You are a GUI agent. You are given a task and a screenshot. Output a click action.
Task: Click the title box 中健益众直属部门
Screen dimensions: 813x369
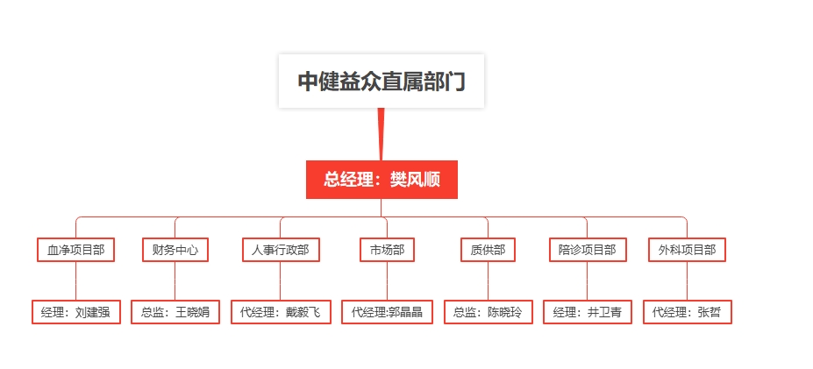tap(382, 81)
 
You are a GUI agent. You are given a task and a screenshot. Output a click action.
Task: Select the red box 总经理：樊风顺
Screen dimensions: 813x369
tap(382, 180)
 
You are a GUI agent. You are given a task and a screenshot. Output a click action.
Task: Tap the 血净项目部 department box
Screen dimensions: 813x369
tap(75, 250)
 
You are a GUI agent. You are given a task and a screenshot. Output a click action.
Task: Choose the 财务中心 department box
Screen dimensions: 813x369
tap(175, 250)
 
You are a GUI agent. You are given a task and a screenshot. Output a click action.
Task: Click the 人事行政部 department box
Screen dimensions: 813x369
tap(281, 250)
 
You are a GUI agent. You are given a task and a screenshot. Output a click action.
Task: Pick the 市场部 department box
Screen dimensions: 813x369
tap(387, 250)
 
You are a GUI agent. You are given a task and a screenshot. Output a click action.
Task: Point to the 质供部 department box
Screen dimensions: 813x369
tap(488, 250)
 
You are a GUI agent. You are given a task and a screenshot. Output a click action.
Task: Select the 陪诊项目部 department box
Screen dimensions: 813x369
tap(588, 250)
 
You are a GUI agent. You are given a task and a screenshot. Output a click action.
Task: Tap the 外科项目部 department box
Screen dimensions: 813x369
tap(687, 250)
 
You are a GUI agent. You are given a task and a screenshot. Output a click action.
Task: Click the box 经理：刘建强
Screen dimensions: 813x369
tap(75, 312)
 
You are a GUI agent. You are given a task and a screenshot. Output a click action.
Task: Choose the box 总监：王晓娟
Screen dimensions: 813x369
tap(175, 312)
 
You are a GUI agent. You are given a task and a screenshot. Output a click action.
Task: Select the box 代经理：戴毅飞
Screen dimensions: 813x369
tap(281, 312)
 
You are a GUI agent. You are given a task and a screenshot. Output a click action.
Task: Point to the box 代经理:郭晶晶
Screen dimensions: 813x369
tap(387, 312)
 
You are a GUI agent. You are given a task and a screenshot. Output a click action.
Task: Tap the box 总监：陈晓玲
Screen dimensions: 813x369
tap(488, 312)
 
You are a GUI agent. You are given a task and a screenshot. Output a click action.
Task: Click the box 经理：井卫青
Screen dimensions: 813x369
tap(588, 312)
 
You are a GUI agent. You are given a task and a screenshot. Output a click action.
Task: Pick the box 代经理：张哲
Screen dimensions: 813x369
tap(687, 312)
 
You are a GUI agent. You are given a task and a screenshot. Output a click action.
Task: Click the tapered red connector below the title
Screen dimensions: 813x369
tap(382, 134)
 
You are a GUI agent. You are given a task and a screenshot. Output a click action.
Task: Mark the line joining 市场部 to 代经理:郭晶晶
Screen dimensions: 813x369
tap(387, 280)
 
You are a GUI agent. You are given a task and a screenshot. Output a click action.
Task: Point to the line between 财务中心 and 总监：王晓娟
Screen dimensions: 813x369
tap(175, 280)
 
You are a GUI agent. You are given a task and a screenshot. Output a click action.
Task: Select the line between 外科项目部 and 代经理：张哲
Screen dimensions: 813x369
tap(687, 280)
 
